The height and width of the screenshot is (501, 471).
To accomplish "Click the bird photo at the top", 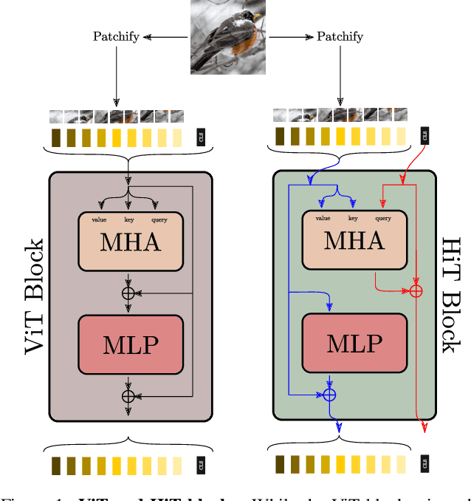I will [228, 36].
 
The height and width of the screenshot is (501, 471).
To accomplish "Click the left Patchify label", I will [116, 36].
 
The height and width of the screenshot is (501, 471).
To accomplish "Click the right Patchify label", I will [340, 36].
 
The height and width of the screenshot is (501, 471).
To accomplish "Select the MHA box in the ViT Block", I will [130, 241].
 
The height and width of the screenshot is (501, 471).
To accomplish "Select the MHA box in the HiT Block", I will [354, 240].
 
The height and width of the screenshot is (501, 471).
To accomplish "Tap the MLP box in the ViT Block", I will [130, 344].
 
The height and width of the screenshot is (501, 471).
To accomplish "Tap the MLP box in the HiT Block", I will [354, 343].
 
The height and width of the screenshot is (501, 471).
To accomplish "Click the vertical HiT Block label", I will [450, 295].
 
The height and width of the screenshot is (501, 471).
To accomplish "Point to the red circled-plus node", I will [416, 291].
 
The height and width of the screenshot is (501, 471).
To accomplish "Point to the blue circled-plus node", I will [329, 395].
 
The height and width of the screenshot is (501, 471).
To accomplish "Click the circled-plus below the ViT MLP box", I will [128, 396].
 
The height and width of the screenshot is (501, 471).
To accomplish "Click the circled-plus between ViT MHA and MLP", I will [128, 293].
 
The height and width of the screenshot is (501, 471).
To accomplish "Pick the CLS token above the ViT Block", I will [200, 137].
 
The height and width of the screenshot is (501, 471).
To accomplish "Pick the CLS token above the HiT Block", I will [424, 136].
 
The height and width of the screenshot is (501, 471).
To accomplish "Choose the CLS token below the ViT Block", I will [200, 466].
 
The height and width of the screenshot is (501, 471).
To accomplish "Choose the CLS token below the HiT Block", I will [424, 464].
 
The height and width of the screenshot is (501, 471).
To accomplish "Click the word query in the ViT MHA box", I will [159, 219].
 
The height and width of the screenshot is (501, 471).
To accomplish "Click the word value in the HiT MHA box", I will [323, 218].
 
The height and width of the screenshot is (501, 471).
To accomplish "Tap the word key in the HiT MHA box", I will [353, 218].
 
